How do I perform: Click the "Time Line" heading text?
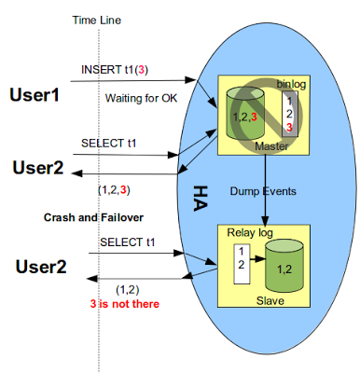98,20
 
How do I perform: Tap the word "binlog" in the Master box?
292,84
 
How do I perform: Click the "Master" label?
270,146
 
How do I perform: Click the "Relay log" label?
243,231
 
